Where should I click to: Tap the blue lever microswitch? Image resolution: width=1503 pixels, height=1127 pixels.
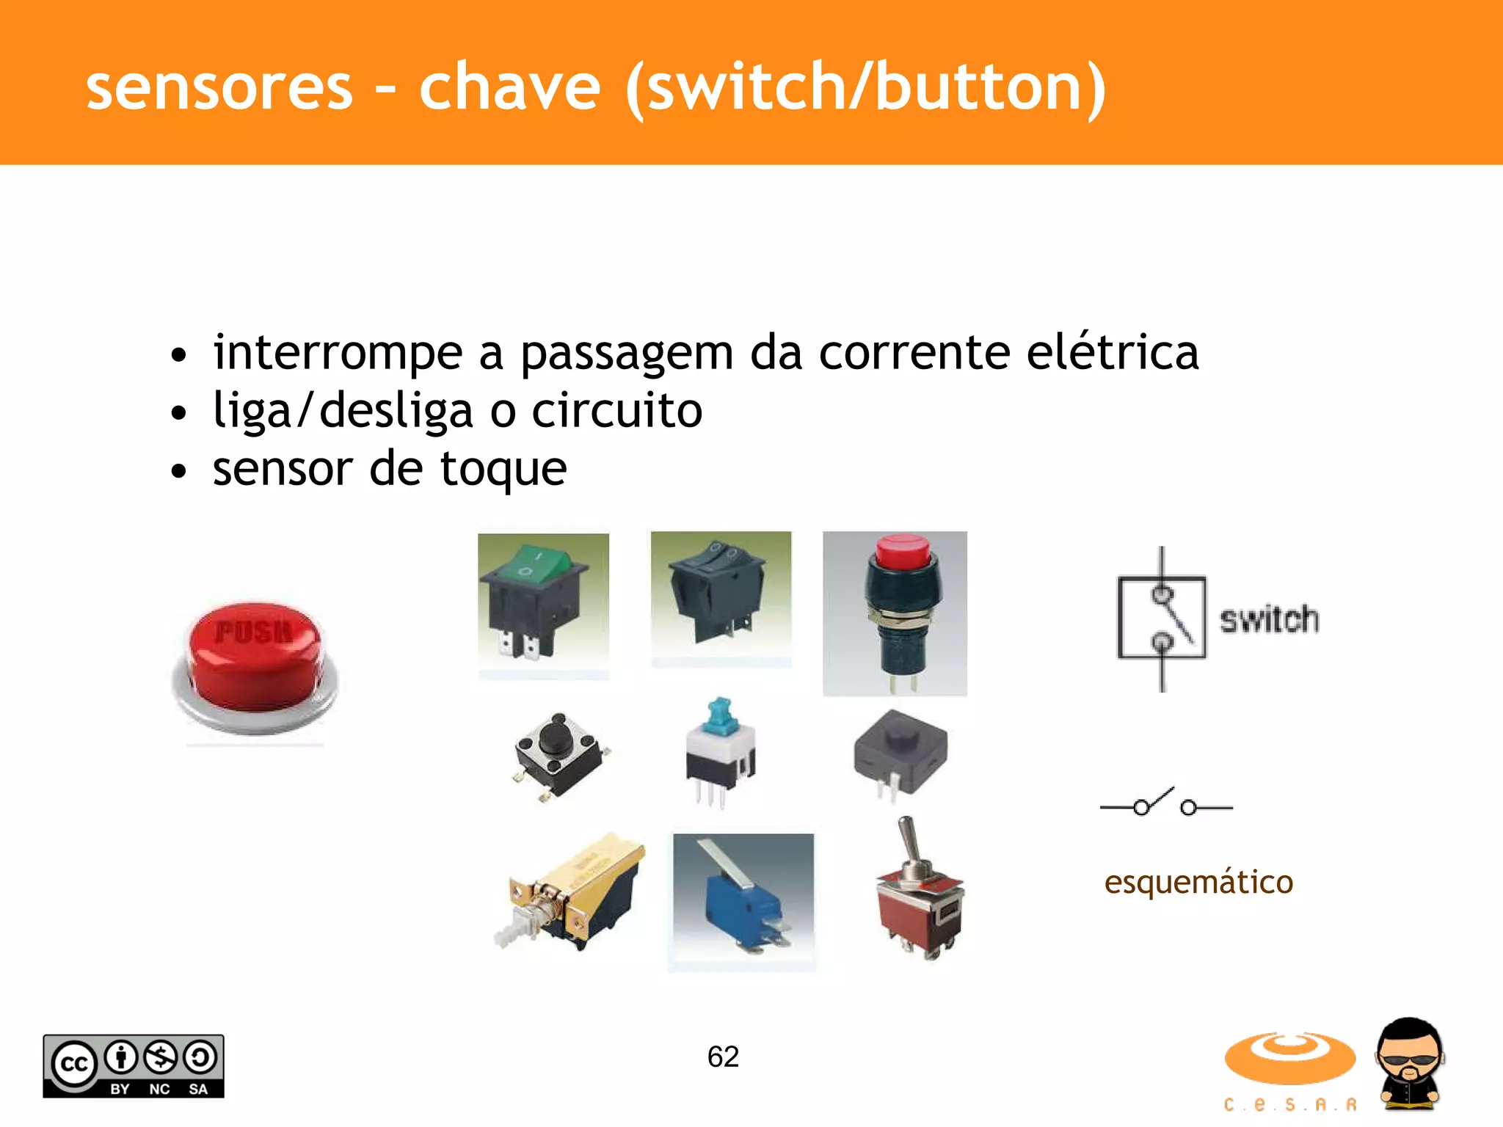(x=743, y=902)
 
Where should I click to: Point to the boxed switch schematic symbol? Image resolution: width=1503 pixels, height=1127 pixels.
(x=1162, y=619)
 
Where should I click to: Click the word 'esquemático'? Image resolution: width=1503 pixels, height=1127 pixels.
(x=1198, y=882)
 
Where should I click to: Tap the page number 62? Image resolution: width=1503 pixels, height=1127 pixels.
(x=723, y=1057)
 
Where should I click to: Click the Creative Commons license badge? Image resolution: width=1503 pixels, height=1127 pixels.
(x=134, y=1066)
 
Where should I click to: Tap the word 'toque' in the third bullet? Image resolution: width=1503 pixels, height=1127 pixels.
(x=503, y=470)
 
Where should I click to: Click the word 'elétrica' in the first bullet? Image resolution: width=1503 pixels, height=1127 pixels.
(x=1112, y=353)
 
